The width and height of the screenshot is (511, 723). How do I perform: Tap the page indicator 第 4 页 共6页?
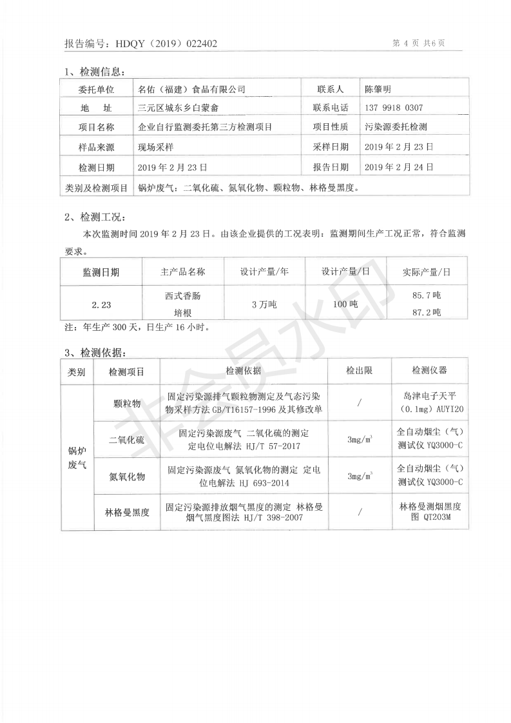coord(418,43)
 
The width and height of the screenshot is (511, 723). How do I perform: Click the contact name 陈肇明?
coord(378,89)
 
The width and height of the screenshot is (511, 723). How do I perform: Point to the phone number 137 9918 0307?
coord(394,108)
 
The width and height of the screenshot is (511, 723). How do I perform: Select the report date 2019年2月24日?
coord(398,166)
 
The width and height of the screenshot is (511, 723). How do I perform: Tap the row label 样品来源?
coord(96,147)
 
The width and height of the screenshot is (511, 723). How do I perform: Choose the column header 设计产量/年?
coord(264,272)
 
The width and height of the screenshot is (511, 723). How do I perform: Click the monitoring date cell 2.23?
coord(101,304)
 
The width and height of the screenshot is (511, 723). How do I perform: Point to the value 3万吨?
coord(264,304)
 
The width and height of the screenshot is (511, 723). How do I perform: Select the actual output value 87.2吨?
coord(426,312)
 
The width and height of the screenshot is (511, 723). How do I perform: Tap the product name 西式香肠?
coord(182,295)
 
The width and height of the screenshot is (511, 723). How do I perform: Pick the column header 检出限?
coord(358,371)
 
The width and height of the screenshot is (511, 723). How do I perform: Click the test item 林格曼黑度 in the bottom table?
coord(127,513)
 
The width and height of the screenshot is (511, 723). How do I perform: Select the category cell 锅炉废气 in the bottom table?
coord(77,458)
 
